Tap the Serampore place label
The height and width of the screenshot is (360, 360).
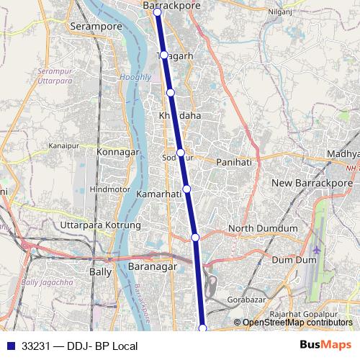click(x=95, y=26)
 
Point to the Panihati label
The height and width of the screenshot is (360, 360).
click(x=234, y=162)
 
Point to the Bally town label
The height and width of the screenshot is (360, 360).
click(x=99, y=272)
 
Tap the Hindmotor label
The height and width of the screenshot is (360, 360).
click(x=110, y=189)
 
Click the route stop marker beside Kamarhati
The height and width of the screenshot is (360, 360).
click(x=186, y=189)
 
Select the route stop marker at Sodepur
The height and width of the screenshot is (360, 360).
click(x=181, y=153)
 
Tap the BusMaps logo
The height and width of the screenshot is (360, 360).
click(x=327, y=346)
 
